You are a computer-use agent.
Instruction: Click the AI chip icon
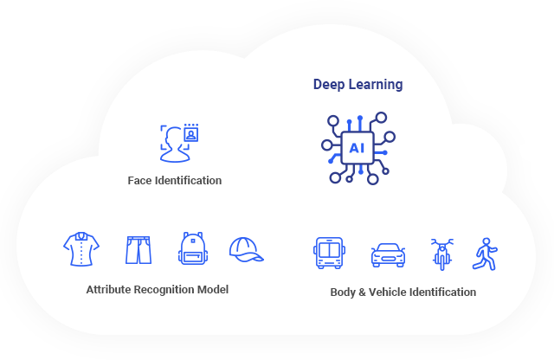[358, 148]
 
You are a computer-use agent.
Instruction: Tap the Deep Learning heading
[358, 85]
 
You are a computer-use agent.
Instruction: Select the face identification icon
[177, 143]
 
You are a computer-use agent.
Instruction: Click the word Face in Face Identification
[139, 181]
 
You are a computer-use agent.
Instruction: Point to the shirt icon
[81, 249]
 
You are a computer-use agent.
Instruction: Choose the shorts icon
[138, 249]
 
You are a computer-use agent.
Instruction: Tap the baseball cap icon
[246, 249]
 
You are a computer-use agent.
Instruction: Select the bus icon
[328, 253]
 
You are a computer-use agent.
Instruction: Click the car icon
[387, 254]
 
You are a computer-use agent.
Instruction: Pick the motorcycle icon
[442, 254]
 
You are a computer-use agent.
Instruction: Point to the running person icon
[485, 253]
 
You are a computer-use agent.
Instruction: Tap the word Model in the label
[212, 290]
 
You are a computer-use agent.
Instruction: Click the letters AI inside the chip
[357, 148]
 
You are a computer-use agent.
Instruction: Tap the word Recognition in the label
[164, 290]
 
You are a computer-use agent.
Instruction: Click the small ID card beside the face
[190, 134]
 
